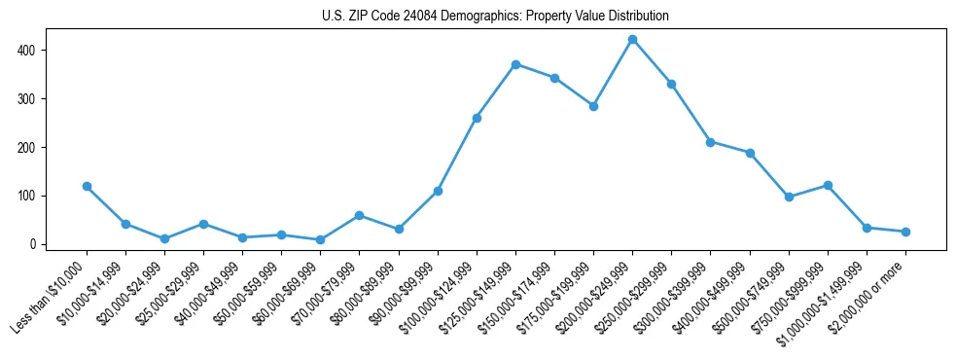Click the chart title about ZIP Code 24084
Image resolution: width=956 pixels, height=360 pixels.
pos(495,17)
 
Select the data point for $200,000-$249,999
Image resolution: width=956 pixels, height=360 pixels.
pos(632,40)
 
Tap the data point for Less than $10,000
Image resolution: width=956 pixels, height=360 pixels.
pos(87,186)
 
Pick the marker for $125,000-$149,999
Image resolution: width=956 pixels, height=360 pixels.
pos(515,64)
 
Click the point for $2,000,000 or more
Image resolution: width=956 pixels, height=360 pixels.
pos(905,232)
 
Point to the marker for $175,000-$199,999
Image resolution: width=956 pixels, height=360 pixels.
pos(593,106)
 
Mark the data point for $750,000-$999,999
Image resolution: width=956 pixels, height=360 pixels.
pos(828,185)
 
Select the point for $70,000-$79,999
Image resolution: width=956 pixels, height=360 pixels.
pos(360,215)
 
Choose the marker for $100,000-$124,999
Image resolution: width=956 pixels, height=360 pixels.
pos(477,118)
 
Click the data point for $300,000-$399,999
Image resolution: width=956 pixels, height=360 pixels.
pos(711,142)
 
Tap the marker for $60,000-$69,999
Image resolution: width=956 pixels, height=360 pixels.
pos(320,239)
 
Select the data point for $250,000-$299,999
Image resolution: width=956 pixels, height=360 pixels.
pos(671,84)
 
